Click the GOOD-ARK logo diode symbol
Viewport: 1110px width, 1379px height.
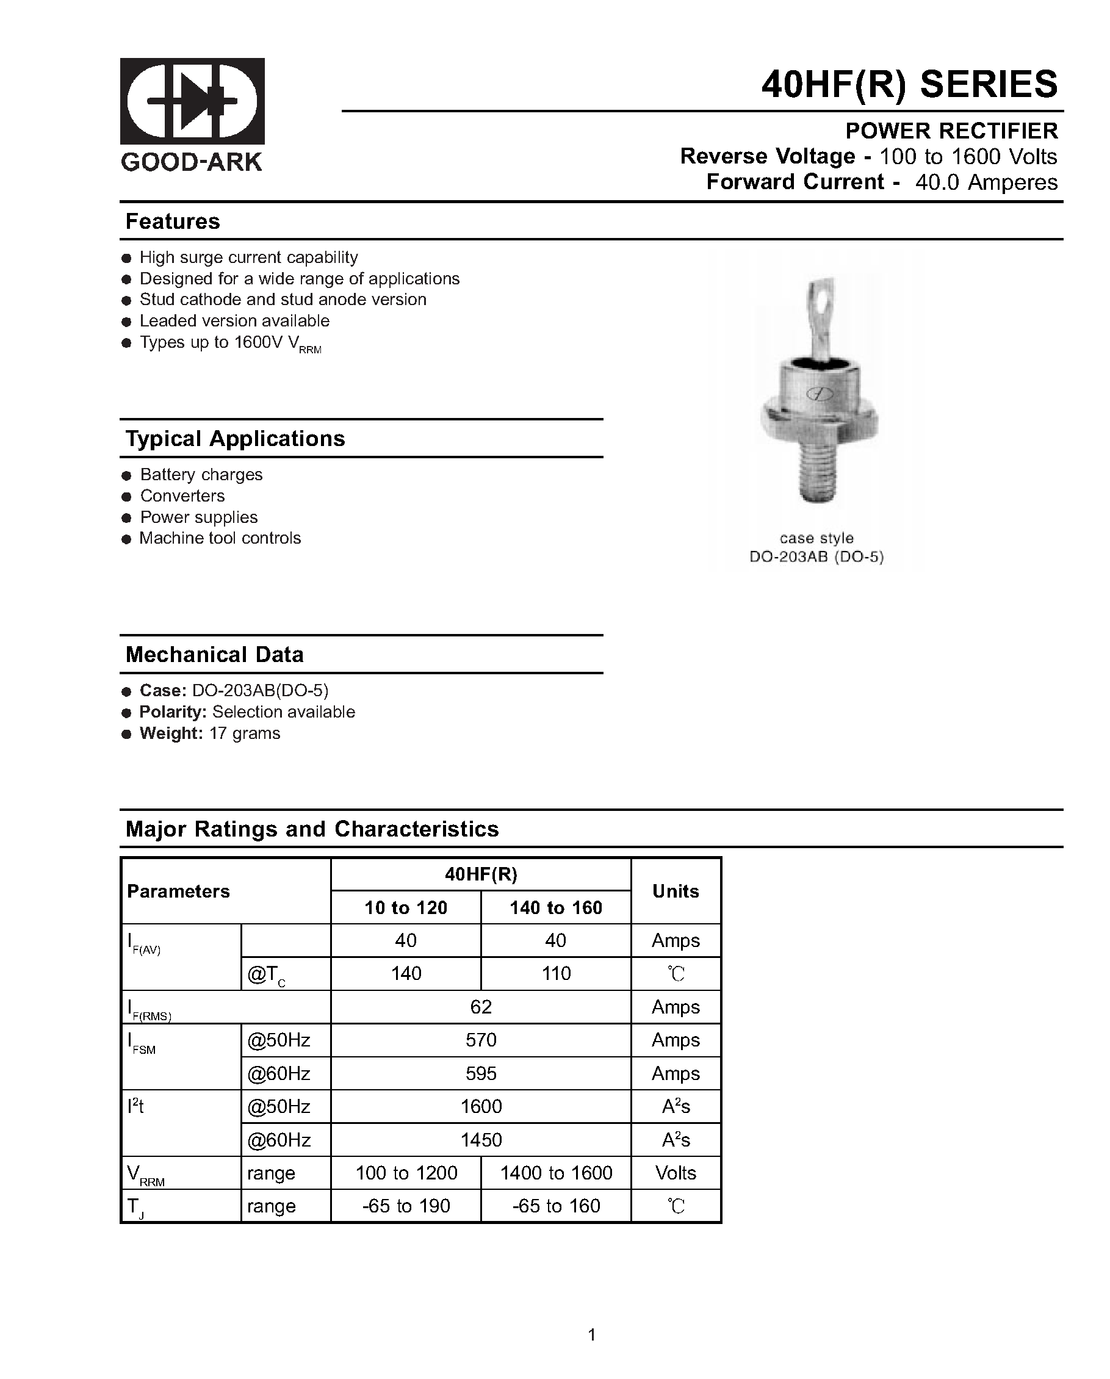tap(192, 101)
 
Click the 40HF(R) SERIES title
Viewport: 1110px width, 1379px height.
tap(909, 84)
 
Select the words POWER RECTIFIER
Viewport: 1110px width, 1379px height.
tap(951, 131)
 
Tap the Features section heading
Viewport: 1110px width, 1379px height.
tap(173, 221)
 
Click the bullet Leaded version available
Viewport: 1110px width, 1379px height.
tap(234, 321)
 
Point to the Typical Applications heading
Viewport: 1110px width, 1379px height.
tap(235, 439)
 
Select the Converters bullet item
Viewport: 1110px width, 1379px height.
tap(182, 495)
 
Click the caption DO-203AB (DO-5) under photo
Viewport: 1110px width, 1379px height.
tap(816, 557)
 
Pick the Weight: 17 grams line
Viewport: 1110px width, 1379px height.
tap(210, 733)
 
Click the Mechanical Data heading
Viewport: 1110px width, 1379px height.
tap(214, 655)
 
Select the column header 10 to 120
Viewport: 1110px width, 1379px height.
tap(406, 907)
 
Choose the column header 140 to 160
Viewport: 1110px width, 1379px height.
tap(555, 907)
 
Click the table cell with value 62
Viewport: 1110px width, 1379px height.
tap(480, 1007)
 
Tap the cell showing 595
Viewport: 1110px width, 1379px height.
tap(480, 1073)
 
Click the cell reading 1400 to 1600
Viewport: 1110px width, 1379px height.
tap(555, 1172)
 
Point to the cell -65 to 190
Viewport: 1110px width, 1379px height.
tap(406, 1206)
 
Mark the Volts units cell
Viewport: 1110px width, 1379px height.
tap(676, 1172)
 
